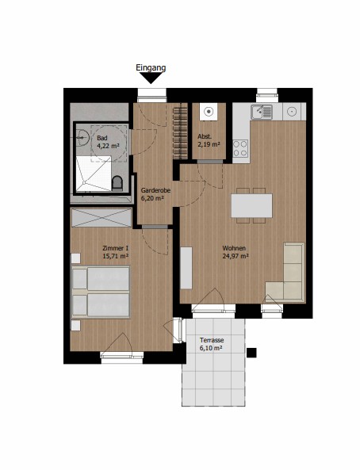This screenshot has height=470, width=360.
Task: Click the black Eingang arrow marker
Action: [151, 78]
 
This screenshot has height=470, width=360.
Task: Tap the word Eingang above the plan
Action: [151, 68]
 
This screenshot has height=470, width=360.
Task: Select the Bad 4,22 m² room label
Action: [108, 142]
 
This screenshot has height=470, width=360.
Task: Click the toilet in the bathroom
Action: [117, 183]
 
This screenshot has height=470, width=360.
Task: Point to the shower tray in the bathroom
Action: [94, 174]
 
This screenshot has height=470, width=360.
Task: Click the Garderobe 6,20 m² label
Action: [155, 194]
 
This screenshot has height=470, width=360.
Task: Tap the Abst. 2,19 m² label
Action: [209, 140]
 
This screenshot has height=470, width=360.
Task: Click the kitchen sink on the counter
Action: [262, 112]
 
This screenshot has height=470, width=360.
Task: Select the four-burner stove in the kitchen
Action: [240, 148]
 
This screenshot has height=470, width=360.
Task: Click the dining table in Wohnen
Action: [251, 205]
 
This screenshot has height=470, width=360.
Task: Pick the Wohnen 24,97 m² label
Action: [236, 252]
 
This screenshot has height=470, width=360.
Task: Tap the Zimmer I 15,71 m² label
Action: [116, 252]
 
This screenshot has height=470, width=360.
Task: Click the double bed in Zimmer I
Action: [101, 292]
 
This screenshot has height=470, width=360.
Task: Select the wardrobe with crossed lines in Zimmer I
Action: [101, 218]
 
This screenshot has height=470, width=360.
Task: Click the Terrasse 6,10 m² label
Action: [211, 344]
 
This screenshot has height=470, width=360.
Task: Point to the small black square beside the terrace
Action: [251, 353]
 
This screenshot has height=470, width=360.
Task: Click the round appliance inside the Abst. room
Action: [209, 112]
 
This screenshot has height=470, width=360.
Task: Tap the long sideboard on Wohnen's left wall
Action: [186, 268]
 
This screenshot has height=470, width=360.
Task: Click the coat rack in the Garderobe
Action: [180, 132]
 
